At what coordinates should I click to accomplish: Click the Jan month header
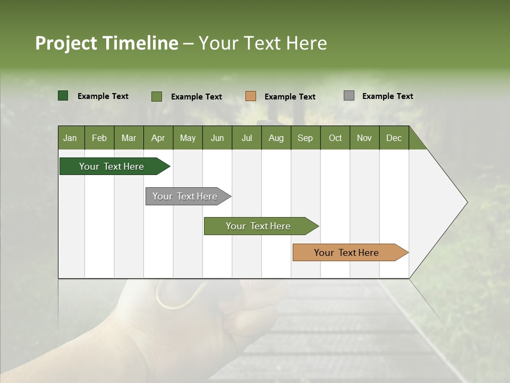tap(71, 138)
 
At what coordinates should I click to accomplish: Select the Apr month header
tap(158, 138)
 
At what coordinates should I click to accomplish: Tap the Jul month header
tap(246, 138)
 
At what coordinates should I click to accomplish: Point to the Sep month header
tap(305, 138)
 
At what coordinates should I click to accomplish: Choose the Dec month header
tap(394, 138)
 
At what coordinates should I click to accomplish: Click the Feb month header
tap(99, 138)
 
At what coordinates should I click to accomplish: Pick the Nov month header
tap(364, 138)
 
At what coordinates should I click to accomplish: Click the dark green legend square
tap(63, 96)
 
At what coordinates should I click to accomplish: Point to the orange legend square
tap(251, 96)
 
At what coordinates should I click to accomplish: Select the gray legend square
tap(349, 96)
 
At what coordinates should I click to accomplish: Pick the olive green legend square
tap(157, 96)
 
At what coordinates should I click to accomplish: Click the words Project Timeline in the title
tap(106, 43)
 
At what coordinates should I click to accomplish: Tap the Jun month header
tap(217, 138)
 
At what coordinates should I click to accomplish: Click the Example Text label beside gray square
tap(387, 96)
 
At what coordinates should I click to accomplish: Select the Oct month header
tap(335, 138)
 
